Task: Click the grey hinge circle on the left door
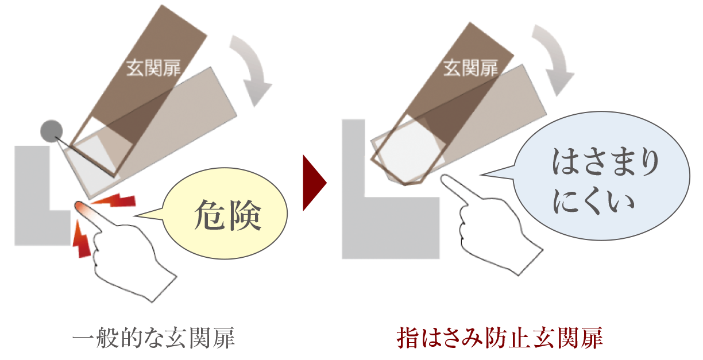tap(51, 131)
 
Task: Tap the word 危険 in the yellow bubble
tap(228, 216)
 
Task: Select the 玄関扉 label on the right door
tap(470, 69)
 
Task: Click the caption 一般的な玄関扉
tap(154, 338)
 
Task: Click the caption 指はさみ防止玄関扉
tap(500, 338)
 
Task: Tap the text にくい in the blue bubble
tap(593, 201)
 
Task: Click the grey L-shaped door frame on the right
tap(368, 218)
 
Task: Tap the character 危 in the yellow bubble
tap(210, 216)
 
